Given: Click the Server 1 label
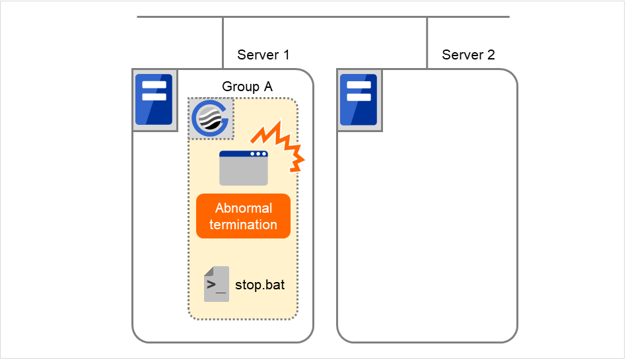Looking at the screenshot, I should tap(263, 55).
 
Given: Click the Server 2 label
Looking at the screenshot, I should tap(468, 55).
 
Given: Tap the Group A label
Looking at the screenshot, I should tap(247, 87).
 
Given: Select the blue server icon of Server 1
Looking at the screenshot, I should tap(154, 100).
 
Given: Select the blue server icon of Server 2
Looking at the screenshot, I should tap(359, 100).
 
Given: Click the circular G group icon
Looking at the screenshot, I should tap(211, 119).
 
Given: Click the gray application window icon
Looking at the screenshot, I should tap(244, 168).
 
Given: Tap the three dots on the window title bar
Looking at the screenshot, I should tap(258, 154).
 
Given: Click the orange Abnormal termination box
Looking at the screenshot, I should tap(243, 216).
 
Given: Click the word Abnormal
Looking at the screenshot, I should tap(243, 208).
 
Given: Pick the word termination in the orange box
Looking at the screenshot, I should tap(243, 225).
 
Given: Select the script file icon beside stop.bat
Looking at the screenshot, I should tap(217, 285).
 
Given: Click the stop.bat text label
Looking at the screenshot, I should tap(260, 286).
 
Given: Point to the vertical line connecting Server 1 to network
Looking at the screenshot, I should tap(223, 42).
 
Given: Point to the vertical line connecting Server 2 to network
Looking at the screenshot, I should tap(427, 42).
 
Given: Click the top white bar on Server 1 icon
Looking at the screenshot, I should tap(154, 85).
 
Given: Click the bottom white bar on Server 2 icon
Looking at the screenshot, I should tap(359, 96).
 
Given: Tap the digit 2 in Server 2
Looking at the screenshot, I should tap(491, 55).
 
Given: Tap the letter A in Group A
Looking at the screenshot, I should tap(267, 87).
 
